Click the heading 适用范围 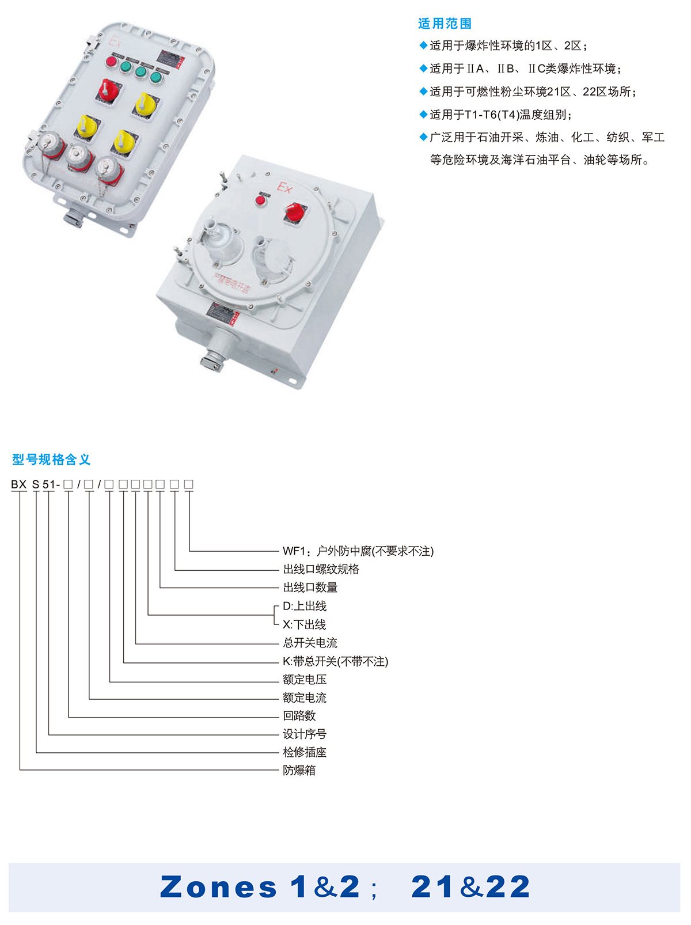(x=445, y=24)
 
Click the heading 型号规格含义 (x=51, y=460)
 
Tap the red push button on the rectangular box (x=111, y=62)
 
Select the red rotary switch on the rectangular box (x=108, y=90)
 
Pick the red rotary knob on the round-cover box (x=294, y=213)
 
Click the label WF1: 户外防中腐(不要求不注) (x=358, y=551)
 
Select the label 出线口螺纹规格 (x=321, y=569)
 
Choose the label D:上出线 (x=304, y=606)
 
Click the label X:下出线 (x=304, y=624)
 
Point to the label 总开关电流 (x=310, y=643)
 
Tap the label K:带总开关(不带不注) (x=335, y=661)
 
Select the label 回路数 (x=299, y=715)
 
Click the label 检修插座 (x=305, y=752)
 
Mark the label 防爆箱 (x=299, y=770)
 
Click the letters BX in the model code (x=18, y=484)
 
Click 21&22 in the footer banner (x=470, y=886)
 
